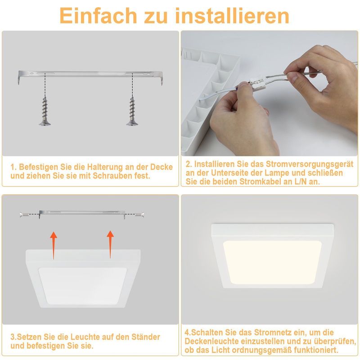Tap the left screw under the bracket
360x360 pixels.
45,111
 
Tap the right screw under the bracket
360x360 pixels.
133,111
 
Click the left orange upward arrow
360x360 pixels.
54,245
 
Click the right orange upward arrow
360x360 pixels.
110,245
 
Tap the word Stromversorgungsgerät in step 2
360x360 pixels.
310,164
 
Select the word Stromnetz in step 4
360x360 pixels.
263,333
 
